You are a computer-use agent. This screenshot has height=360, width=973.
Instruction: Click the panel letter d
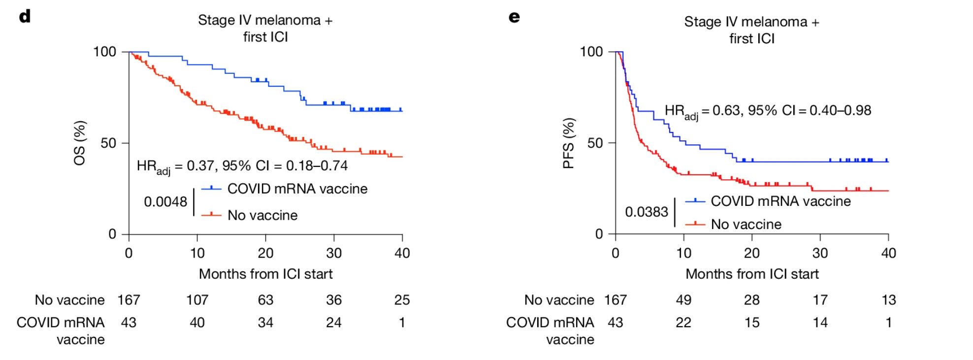click(25, 17)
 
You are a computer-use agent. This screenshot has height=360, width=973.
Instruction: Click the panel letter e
click(514, 18)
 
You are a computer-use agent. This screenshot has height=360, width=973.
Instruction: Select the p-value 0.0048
click(165, 202)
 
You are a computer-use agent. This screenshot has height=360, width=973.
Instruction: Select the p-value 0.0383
click(647, 212)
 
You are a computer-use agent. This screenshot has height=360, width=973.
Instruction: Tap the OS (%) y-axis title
click(80, 143)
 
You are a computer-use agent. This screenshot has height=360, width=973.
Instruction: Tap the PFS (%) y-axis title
click(569, 143)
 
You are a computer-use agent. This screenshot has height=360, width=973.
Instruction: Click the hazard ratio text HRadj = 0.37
click(242, 166)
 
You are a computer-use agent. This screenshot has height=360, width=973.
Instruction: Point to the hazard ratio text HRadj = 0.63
click(768, 111)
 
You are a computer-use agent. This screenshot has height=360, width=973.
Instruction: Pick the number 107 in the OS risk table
click(197, 300)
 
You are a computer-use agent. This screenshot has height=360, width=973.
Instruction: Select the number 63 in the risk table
click(265, 300)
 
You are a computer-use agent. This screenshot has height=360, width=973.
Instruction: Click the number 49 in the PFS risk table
click(683, 300)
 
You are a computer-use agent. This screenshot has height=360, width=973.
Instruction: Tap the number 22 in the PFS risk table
click(683, 323)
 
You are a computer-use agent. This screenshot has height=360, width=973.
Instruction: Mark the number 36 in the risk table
click(334, 300)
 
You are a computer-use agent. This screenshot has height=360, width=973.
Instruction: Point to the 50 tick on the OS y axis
click(108, 143)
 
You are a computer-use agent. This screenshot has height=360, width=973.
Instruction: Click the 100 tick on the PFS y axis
click(591, 52)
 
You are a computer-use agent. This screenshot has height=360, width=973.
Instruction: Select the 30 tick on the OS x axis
click(334, 253)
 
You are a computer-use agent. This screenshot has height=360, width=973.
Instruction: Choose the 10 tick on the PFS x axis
click(683, 253)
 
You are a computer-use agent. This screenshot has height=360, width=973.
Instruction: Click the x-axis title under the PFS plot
click(752, 274)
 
